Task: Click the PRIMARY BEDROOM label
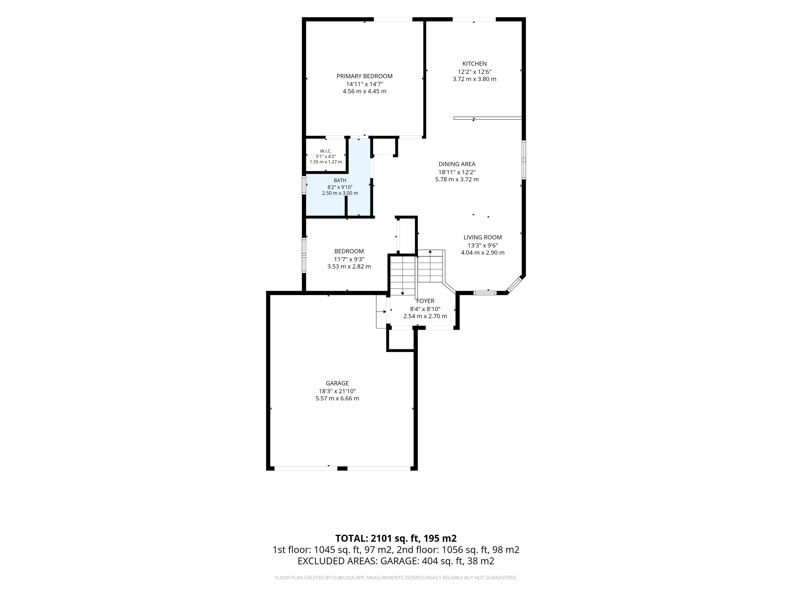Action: [x=364, y=76]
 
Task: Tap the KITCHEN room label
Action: [x=474, y=64]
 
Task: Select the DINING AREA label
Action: [x=457, y=164]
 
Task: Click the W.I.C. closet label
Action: [x=326, y=151]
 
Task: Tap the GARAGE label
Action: [x=337, y=383]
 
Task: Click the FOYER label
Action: [x=425, y=301]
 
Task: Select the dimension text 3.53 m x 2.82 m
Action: [x=349, y=266]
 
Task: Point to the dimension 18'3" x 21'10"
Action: [x=337, y=391]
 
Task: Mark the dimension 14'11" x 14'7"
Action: [x=364, y=84]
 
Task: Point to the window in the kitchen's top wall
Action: [x=474, y=19]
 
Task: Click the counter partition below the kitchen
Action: [x=488, y=118]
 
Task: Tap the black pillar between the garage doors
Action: [x=342, y=468]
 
